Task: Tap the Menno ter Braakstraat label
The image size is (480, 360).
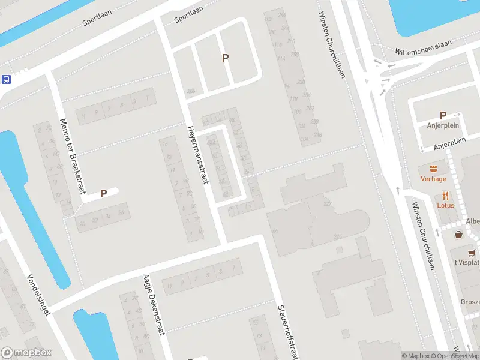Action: (x=70, y=155)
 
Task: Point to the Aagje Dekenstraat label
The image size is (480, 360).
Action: (x=154, y=303)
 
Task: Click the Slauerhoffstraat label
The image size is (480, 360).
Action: (x=287, y=331)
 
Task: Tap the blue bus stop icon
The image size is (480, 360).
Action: (x=6, y=79)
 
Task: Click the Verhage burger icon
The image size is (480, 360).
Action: (x=433, y=169)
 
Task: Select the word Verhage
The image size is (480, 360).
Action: (x=433, y=179)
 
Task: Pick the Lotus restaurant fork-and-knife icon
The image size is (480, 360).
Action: (x=445, y=196)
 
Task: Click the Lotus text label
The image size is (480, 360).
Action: (x=445, y=205)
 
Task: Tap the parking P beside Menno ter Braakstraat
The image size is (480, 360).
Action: (x=103, y=193)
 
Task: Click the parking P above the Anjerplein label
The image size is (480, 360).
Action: (x=443, y=115)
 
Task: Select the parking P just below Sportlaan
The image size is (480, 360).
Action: (x=226, y=58)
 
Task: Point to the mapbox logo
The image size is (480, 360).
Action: (x=26, y=353)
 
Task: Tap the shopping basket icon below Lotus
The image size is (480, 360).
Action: (x=459, y=235)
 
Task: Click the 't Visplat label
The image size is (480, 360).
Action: (x=466, y=263)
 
